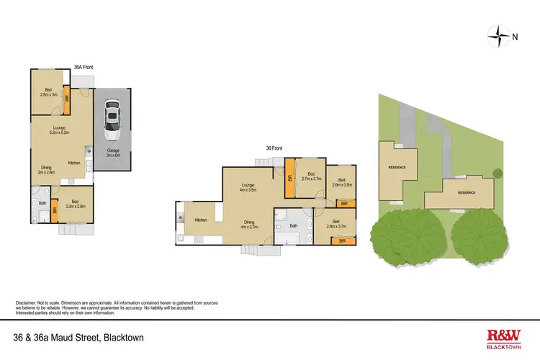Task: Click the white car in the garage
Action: pos(112,120)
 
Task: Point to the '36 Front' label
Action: pos(274,148)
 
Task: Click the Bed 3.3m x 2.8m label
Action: pos(74,204)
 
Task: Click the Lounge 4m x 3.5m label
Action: pos(248,187)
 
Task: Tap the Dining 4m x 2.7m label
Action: pos(248,224)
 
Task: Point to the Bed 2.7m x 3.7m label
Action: pos(311,176)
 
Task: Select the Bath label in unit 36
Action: pos(293,225)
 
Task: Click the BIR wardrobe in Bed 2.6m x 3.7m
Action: pos(343,241)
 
